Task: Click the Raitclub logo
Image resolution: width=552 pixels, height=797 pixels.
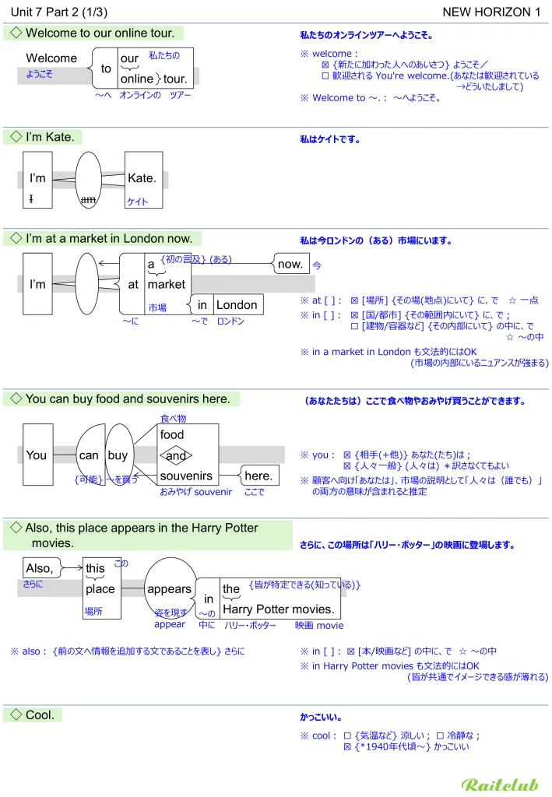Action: tap(500, 785)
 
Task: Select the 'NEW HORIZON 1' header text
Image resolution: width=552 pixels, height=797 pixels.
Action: tap(491, 12)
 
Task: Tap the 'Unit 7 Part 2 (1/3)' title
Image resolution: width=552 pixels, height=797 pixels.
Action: tap(60, 12)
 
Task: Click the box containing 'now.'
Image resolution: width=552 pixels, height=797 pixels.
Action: tap(290, 264)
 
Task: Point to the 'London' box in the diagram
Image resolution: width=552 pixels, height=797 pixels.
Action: tap(237, 305)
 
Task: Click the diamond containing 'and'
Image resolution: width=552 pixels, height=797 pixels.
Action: tap(176, 455)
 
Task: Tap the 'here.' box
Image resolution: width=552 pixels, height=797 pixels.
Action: tap(258, 476)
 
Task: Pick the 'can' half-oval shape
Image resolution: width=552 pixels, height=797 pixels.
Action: tap(90, 455)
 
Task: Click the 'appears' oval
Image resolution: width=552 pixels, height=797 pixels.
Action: tap(170, 589)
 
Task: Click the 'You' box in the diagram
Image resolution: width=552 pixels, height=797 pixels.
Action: tap(37, 455)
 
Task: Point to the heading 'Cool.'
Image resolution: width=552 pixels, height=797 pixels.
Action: tap(40, 714)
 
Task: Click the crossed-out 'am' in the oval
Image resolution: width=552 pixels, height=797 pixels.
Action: tap(89, 199)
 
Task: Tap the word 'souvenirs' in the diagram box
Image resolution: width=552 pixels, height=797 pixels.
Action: tap(186, 476)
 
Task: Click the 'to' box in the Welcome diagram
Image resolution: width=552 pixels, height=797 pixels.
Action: tap(106, 68)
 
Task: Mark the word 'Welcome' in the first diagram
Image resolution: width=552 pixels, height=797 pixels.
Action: tap(51, 58)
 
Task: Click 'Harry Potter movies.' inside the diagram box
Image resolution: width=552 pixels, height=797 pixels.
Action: tap(278, 609)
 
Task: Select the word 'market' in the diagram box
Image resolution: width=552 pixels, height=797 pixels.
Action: tap(167, 285)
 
